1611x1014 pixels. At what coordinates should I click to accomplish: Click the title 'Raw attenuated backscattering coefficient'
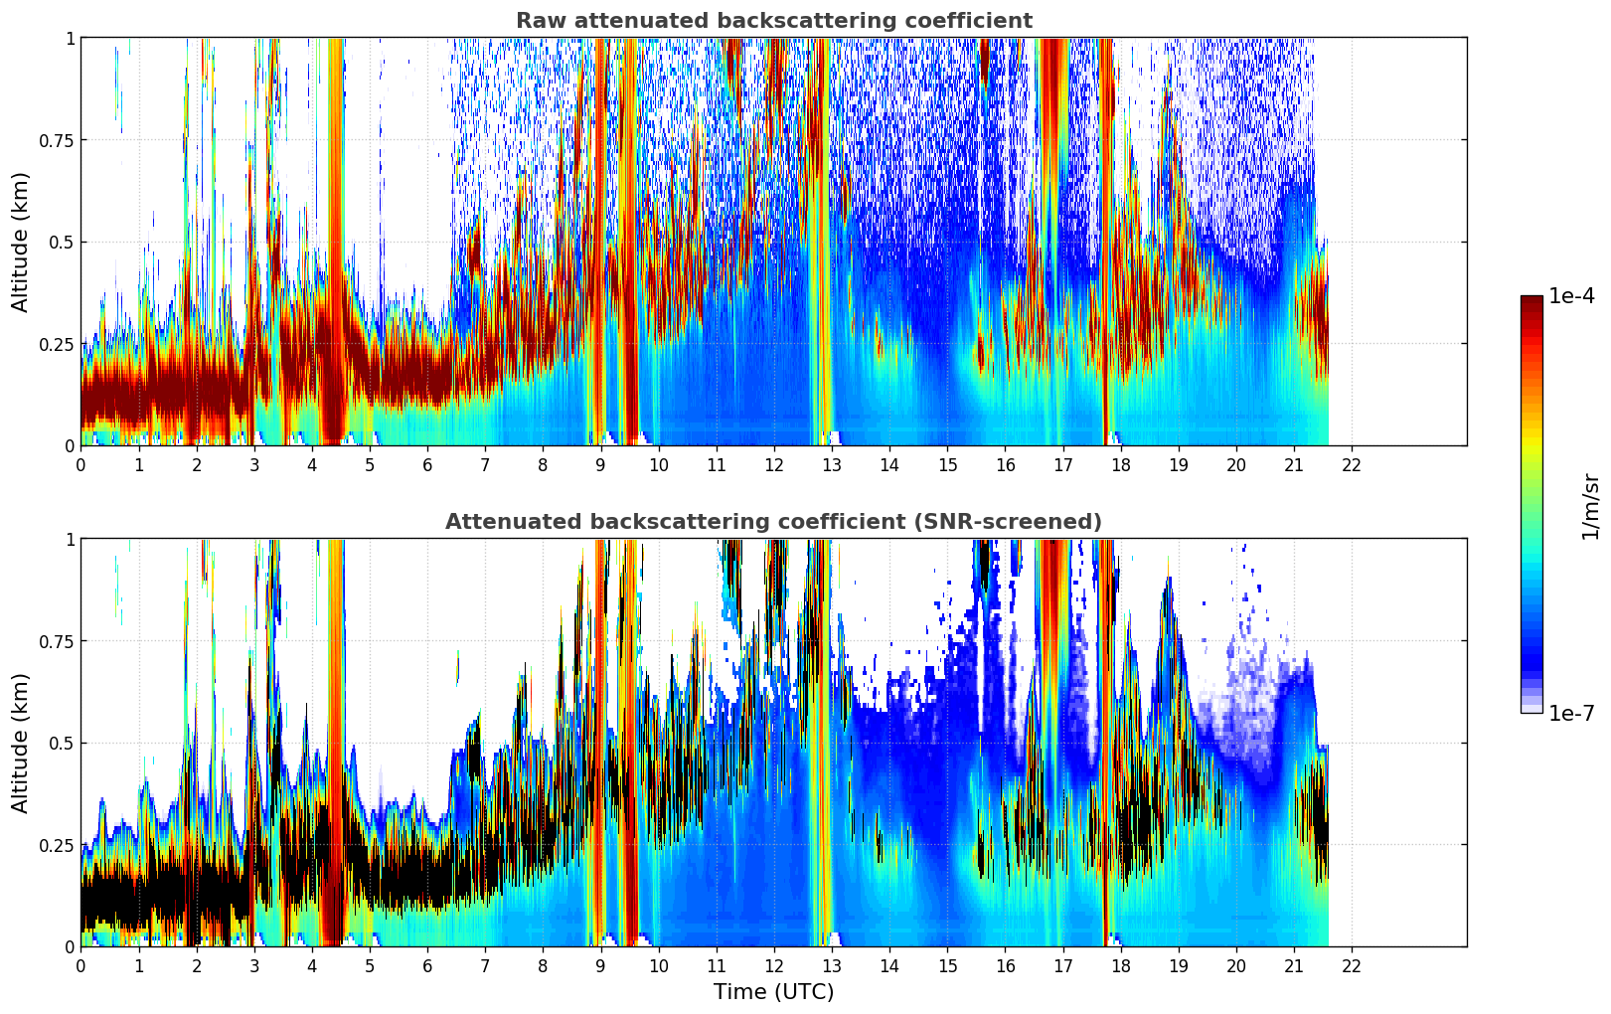[x=773, y=21]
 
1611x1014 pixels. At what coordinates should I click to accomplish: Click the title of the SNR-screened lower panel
[x=773, y=522]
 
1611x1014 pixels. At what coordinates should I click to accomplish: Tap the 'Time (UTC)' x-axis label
[x=773, y=992]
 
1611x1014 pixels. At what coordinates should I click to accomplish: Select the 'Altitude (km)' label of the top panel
[x=21, y=242]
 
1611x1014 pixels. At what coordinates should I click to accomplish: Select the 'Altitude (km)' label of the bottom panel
[x=21, y=743]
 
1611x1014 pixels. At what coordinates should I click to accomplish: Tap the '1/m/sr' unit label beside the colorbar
[x=1590, y=507]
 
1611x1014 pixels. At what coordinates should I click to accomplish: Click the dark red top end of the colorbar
[x=1531, y=301]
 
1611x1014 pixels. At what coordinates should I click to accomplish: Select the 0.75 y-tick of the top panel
[x=57, y=140]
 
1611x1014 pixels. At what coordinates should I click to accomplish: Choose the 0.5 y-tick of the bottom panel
[x=63, y=743]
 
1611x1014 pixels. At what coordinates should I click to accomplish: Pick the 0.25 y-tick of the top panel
[x=57, y=344]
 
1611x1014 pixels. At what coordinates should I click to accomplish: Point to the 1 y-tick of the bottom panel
[x=70, y=539]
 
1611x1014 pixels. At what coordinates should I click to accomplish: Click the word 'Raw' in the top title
[x=538, y=21]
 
